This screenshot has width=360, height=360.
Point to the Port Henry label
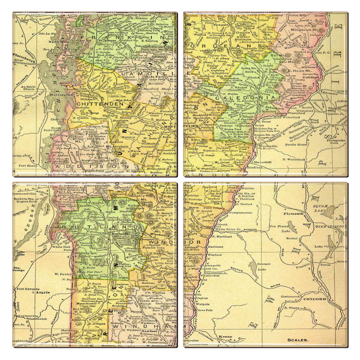[x=28, y=165]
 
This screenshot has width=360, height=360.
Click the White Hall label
[x=60, y=246]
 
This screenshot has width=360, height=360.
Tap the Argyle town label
[x=42, y=292]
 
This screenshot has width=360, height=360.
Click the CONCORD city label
[x=314, y=299]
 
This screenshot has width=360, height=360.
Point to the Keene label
[x=225, y=337]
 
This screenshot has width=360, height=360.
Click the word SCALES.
[x=298, y=340]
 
